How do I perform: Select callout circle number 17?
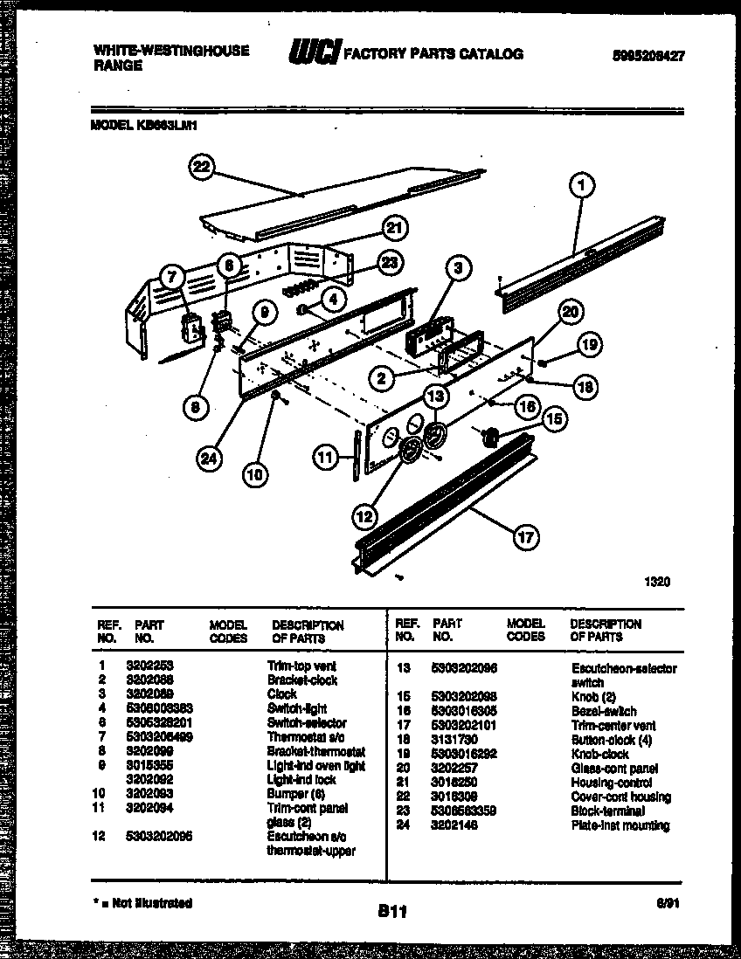pos(525,538)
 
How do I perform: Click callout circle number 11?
pos(326,456)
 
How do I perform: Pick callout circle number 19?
pos(589,346)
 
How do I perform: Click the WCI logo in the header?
pos(314,54)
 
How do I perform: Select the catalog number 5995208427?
pos(648,54)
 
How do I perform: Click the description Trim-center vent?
pos(613,726)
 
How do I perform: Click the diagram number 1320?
pos(657,582)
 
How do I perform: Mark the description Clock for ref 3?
pos(281,694)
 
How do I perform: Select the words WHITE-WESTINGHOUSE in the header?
pos(170,51)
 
